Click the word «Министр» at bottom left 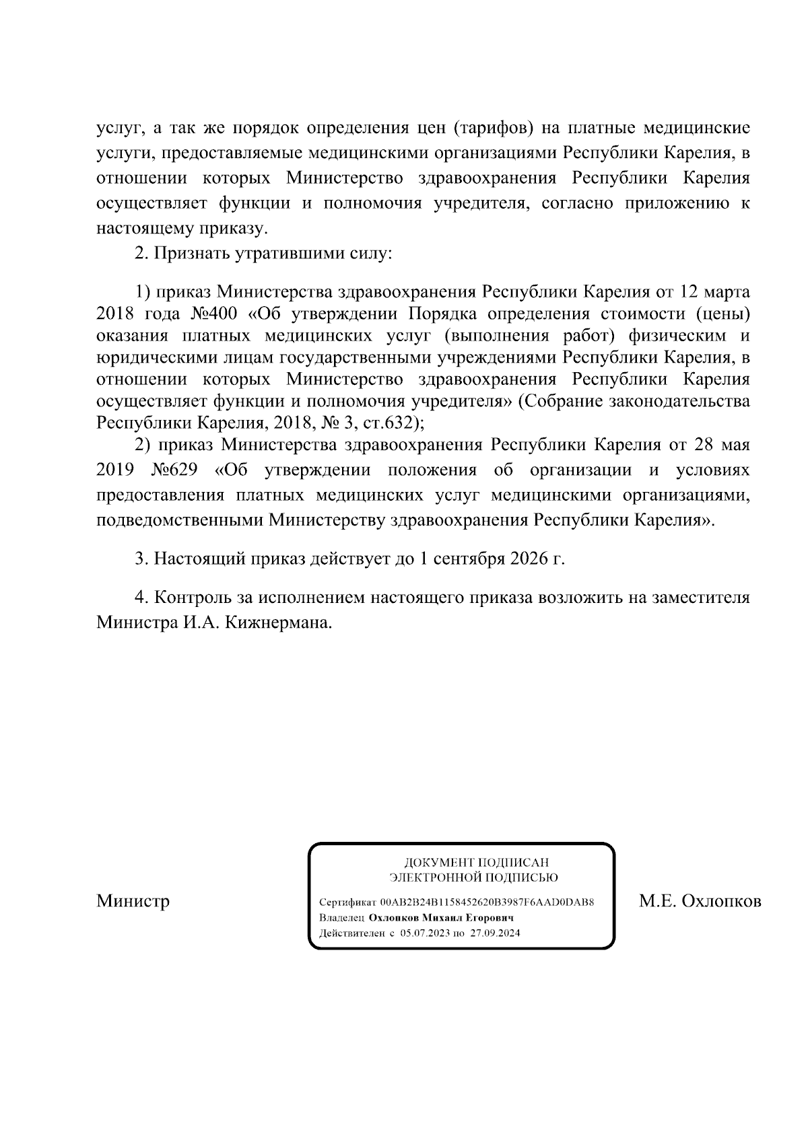133,900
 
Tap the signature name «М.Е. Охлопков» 700,900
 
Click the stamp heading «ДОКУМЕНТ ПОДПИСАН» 476,862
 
